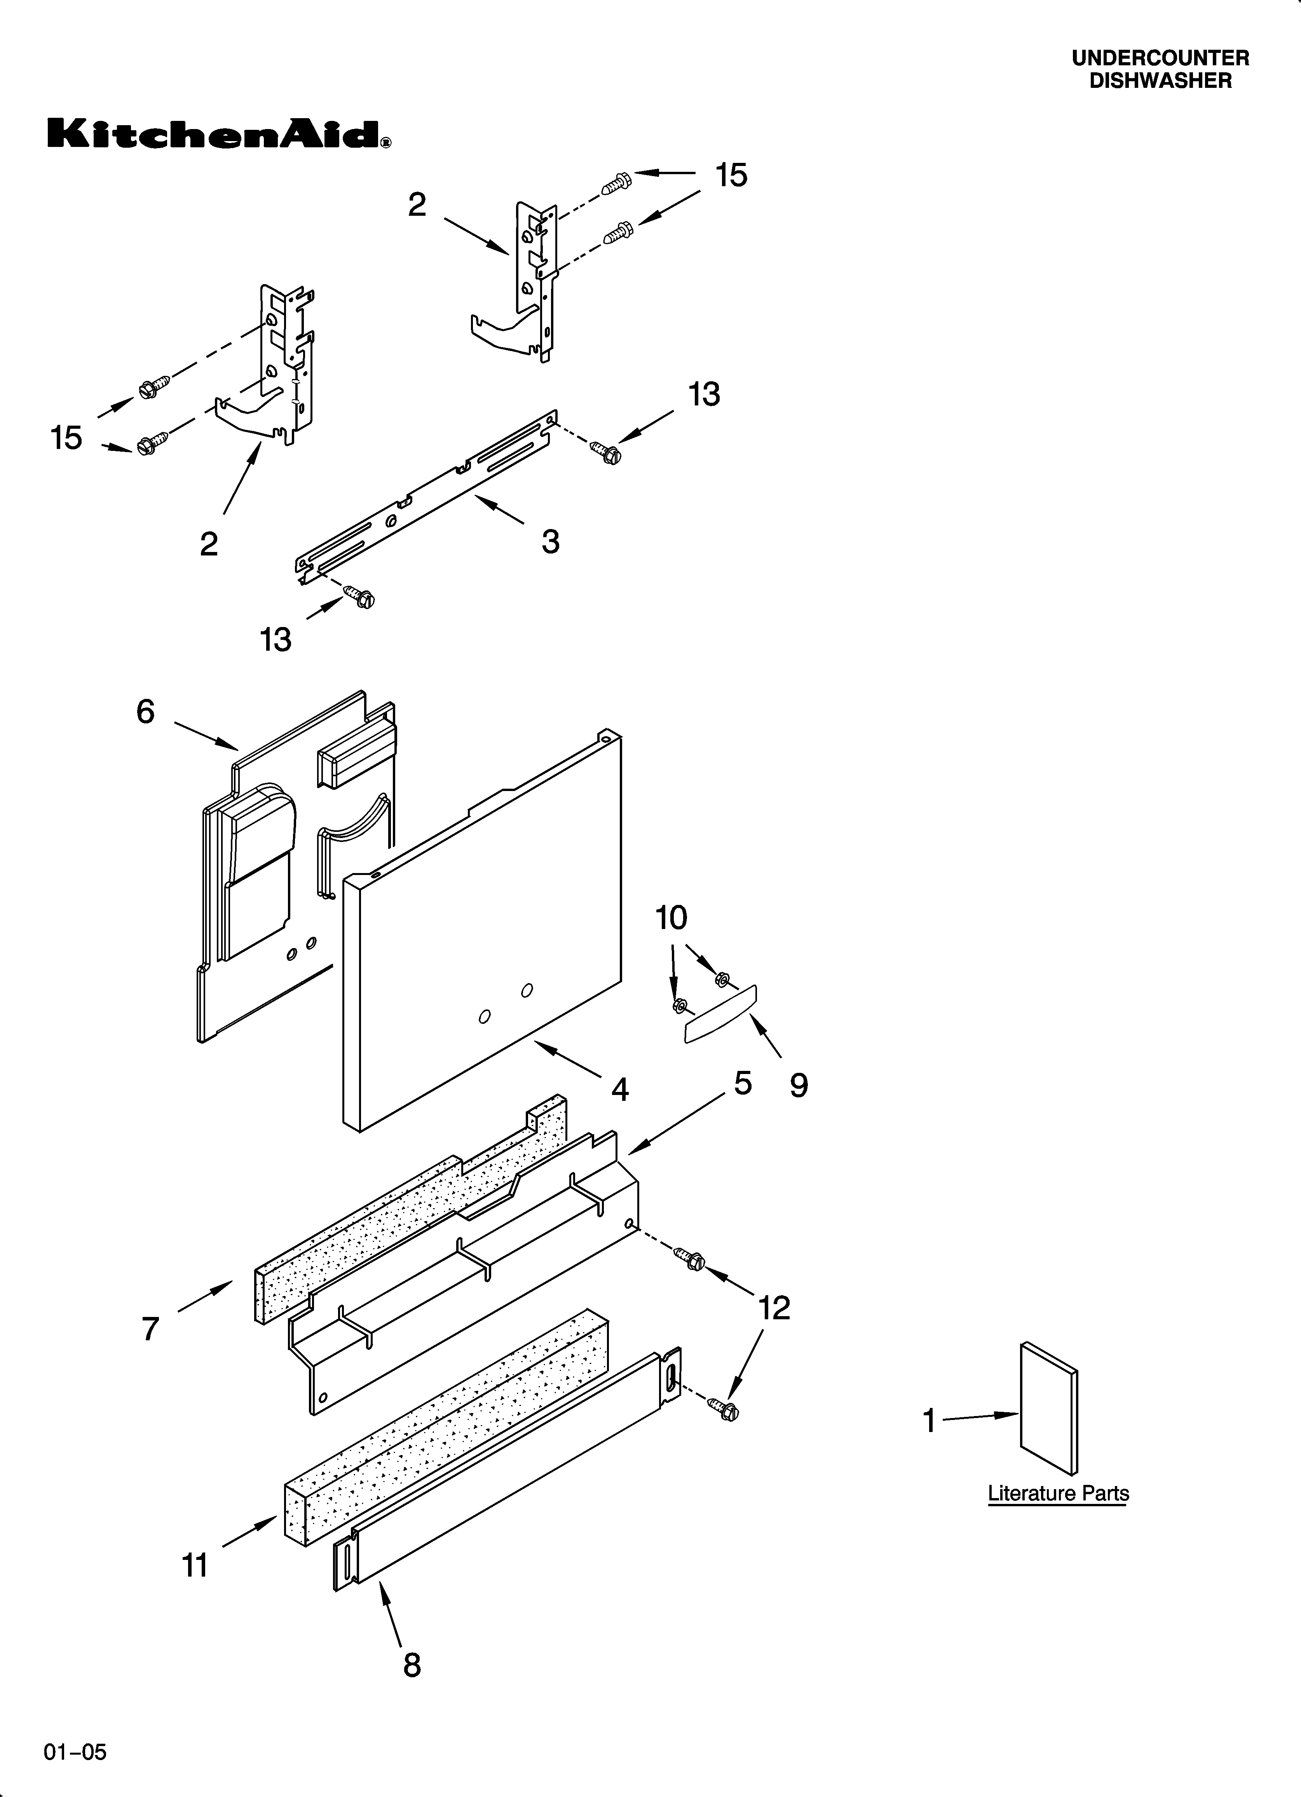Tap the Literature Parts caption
(1058, 1493)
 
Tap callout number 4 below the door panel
(619, 1090)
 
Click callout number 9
(799, 1085)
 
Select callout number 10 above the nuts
(671, 918)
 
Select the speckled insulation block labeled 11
(444, 1426)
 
